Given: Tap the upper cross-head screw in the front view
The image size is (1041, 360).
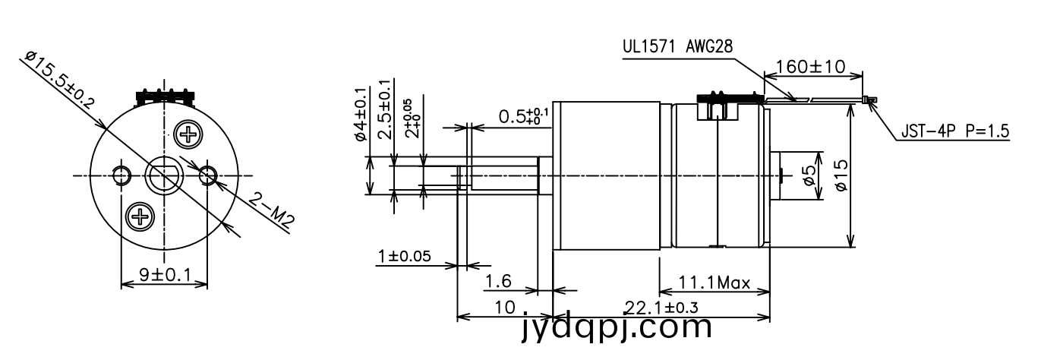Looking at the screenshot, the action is point(188,135).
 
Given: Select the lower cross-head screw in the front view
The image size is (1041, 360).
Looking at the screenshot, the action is point(140,216).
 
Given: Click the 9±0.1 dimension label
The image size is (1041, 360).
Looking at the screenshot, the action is point(165,276).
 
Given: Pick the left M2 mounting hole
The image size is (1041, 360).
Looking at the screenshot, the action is point(121,175).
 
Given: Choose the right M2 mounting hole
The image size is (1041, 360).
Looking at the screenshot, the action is point(208,175).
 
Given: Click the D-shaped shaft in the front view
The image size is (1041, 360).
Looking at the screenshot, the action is point(164,175).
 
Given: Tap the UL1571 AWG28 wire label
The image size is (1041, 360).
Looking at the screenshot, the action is point(677,46).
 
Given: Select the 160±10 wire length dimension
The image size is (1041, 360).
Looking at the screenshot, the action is point(810,67).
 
